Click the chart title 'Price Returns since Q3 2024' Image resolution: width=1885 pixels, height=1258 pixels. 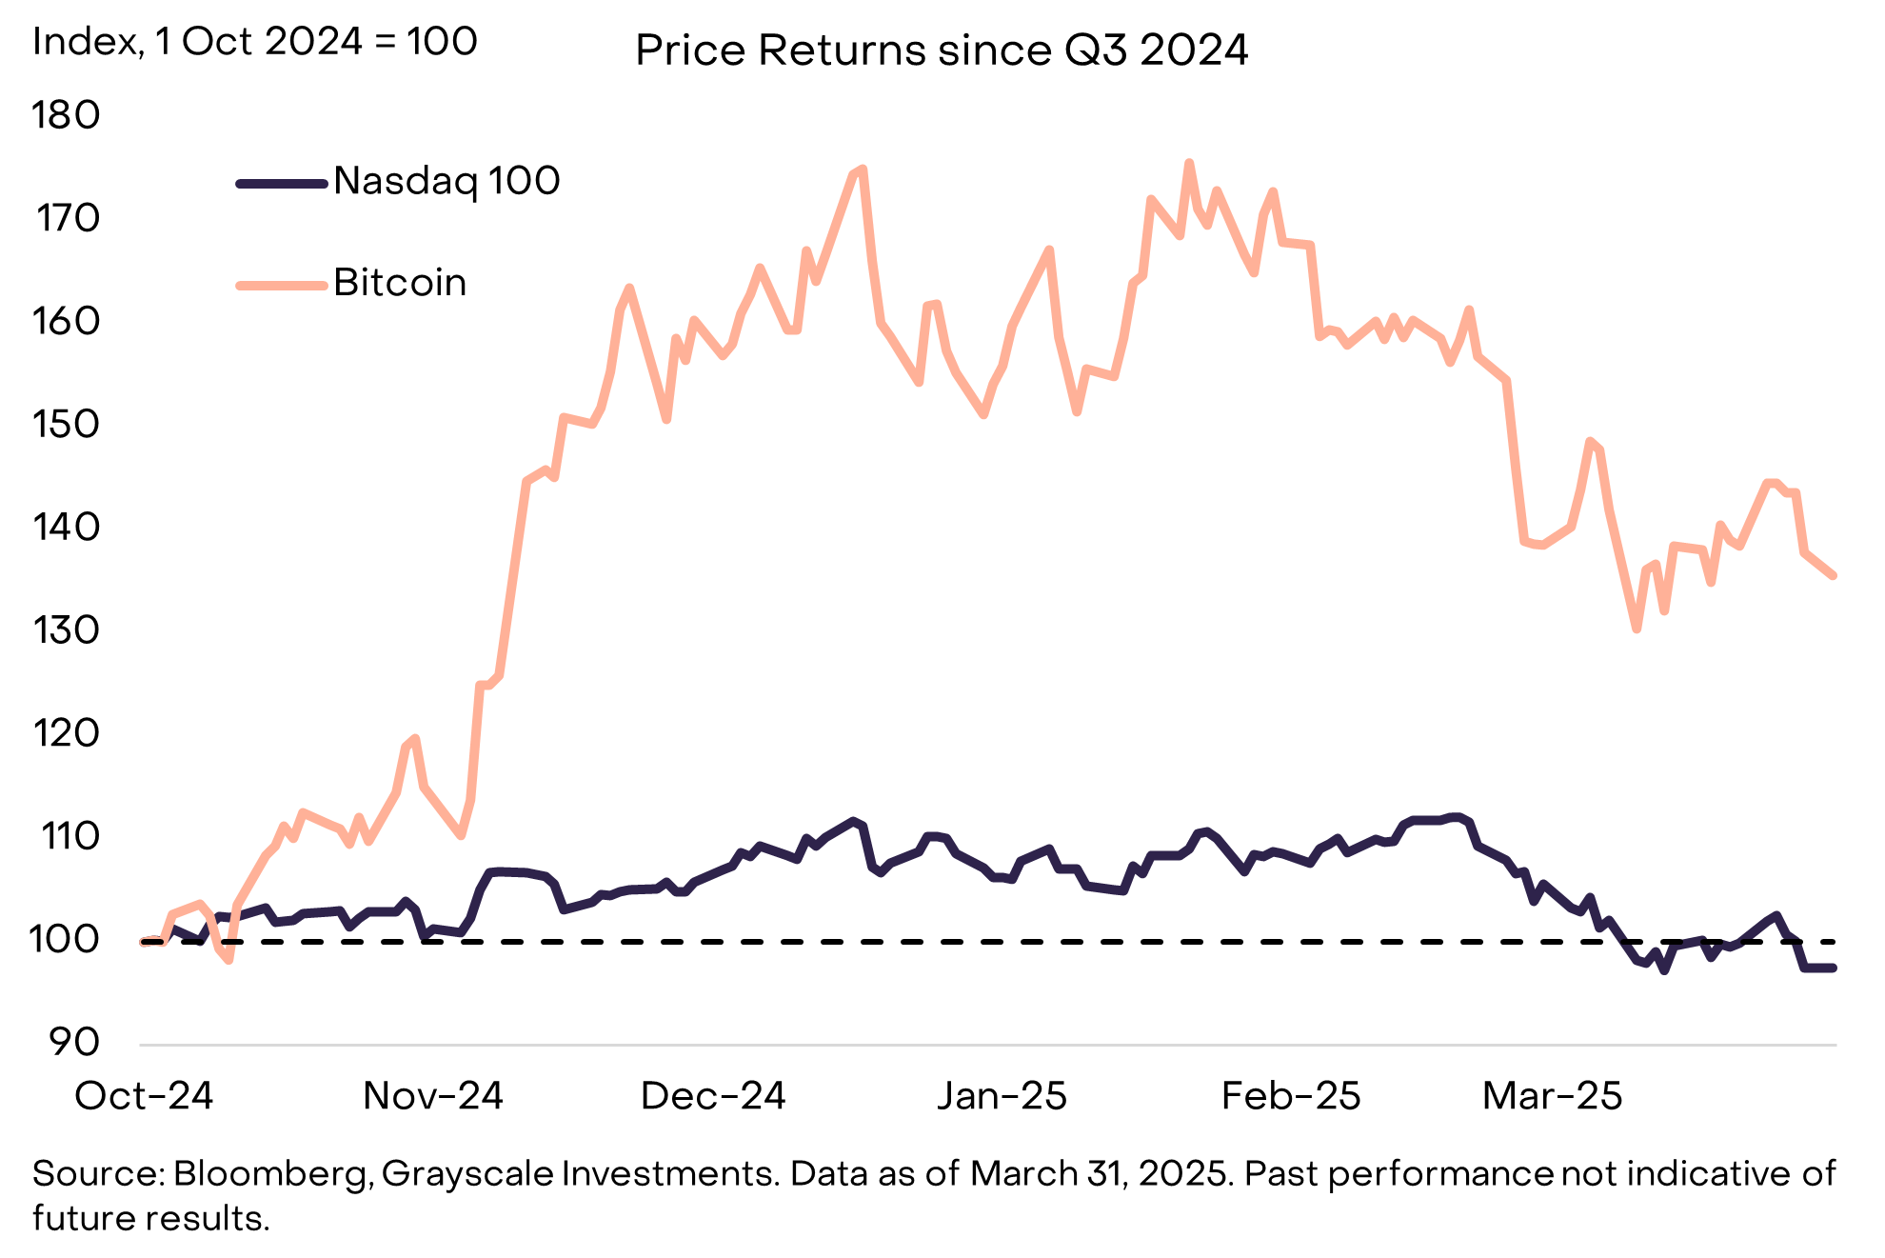(x=941, y=50)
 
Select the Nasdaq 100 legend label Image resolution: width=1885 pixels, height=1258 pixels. (x=446, y=181)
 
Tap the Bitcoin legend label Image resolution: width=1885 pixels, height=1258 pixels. (x=400, y=283)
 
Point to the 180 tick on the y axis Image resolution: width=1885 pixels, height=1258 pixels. (x=66, y=115)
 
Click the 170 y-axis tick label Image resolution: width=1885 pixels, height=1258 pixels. (x=68, y=218)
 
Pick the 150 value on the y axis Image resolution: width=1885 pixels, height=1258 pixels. (x=66, y=424)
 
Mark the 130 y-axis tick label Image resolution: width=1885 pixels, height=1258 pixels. (x=66, y=629)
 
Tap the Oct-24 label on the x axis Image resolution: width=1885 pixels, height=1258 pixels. (x=144, y=1096)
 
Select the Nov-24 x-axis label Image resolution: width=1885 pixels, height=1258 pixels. (x=433, y=1096)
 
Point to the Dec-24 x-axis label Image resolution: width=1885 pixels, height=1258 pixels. (x=713, y=1096)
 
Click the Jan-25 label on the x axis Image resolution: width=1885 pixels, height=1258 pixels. (x=1002, y=1096)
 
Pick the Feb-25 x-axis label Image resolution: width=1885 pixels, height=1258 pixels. (x=1291, y=1096)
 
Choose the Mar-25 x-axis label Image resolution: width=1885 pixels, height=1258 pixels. (x=1552, y=1096)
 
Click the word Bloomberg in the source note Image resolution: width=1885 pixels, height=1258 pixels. (x=271, y=1173)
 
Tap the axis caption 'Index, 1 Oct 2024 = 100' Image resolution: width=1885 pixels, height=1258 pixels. (x=255, y=42)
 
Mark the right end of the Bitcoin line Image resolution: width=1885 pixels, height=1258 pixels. (x=1834, y=575)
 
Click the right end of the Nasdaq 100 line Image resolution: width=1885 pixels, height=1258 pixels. (x=1834, y=968)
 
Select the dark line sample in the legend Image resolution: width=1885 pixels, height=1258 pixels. (x=282, y=183)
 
